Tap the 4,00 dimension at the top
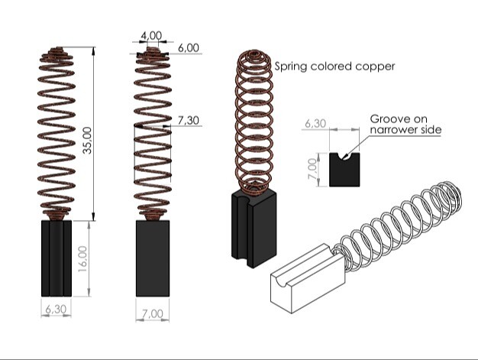tap(151, 35)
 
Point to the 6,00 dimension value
tap(188, 47)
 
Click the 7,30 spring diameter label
tap(189, 121)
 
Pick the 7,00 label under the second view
tap(152, 313)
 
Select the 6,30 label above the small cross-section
tap(316, 123)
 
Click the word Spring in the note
tap(291, 66)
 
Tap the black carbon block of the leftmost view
tap(55, 258)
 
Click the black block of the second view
tap(153, 258)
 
